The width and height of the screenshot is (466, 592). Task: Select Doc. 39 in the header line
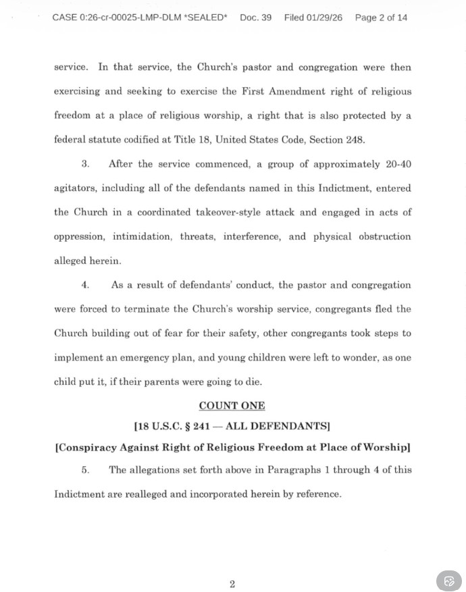255,18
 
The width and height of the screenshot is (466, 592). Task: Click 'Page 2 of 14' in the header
381,18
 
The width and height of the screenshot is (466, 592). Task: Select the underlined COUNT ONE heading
232,406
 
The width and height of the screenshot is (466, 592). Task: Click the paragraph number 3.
85,164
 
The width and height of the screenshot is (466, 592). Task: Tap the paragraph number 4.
85,285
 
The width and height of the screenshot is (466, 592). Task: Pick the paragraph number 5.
85,469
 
